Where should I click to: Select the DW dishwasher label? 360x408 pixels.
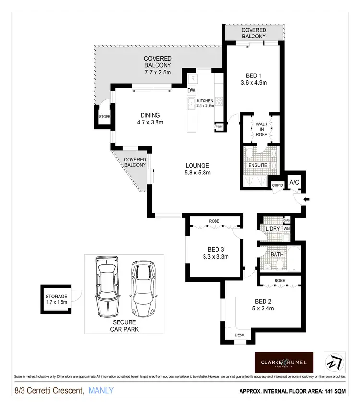(191, 90)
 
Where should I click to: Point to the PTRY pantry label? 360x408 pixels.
(219, 127)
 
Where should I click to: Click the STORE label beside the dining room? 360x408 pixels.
(104, 117)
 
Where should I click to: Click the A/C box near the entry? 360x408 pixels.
(294, 182)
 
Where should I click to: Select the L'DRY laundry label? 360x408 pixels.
(273, 229)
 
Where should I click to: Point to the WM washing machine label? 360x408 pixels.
(287, 229)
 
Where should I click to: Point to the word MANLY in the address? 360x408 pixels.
(101, 390)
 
